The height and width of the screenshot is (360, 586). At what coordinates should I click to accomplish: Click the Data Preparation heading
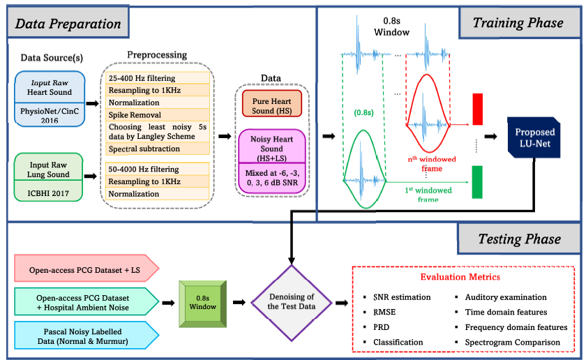[x=68, y=24]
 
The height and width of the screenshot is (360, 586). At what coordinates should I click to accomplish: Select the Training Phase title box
[x=518, y=23]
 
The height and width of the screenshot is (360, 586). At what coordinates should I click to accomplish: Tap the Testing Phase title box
[x=519, y=239]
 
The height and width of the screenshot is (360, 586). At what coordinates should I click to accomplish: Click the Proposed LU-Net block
[x=536, y=137]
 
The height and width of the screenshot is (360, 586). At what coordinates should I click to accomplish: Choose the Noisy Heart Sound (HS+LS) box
[x=271, y=143]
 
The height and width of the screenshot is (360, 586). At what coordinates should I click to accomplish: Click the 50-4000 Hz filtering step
[x=143, y=169]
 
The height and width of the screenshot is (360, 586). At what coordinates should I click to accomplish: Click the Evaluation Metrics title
[x=459, y=277]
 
